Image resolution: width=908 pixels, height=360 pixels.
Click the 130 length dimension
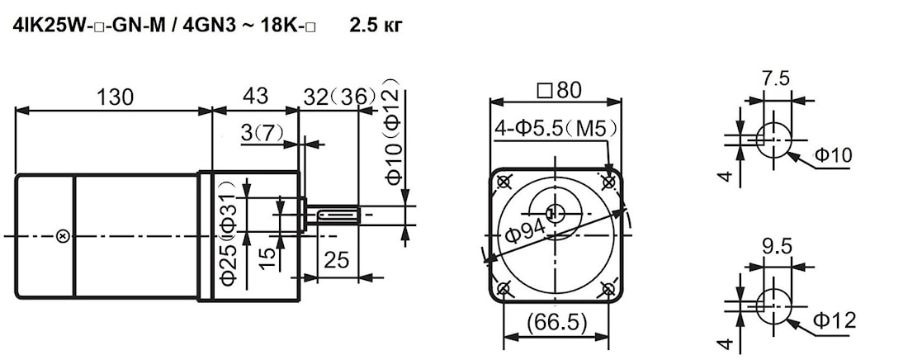[x=116, y=97]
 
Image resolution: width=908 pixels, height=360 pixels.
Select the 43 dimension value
[x=255, y=96]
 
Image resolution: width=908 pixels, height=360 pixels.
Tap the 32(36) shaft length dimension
[x=339, y=97]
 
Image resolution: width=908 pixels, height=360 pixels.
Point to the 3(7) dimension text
[x=262, y=135]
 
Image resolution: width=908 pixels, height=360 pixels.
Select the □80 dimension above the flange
[x=559, y=91]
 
